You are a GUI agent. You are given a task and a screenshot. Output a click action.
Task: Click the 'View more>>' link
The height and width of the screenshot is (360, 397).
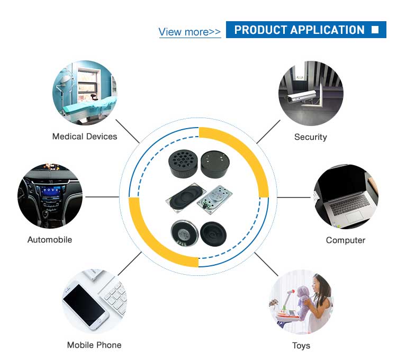click(190, 32)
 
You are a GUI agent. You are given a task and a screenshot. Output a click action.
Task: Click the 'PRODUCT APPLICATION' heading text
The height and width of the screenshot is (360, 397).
click(299, 30)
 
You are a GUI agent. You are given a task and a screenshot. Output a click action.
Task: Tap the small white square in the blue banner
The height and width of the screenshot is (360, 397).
click(375, 30)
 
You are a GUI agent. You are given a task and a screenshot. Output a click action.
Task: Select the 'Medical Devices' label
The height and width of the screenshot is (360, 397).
click(85, 137)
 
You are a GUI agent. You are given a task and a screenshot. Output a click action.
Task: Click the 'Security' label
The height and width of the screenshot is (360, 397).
click(311, 137)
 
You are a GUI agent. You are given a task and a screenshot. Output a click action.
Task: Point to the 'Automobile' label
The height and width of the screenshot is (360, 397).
click(50, 240)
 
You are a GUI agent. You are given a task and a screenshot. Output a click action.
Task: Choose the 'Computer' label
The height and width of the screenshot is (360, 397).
click(346, 240)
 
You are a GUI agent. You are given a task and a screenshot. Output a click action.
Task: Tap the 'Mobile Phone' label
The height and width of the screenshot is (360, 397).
click(94, 345)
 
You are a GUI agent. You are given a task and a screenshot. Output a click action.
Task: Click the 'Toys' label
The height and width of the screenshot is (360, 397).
click(301, 346)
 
